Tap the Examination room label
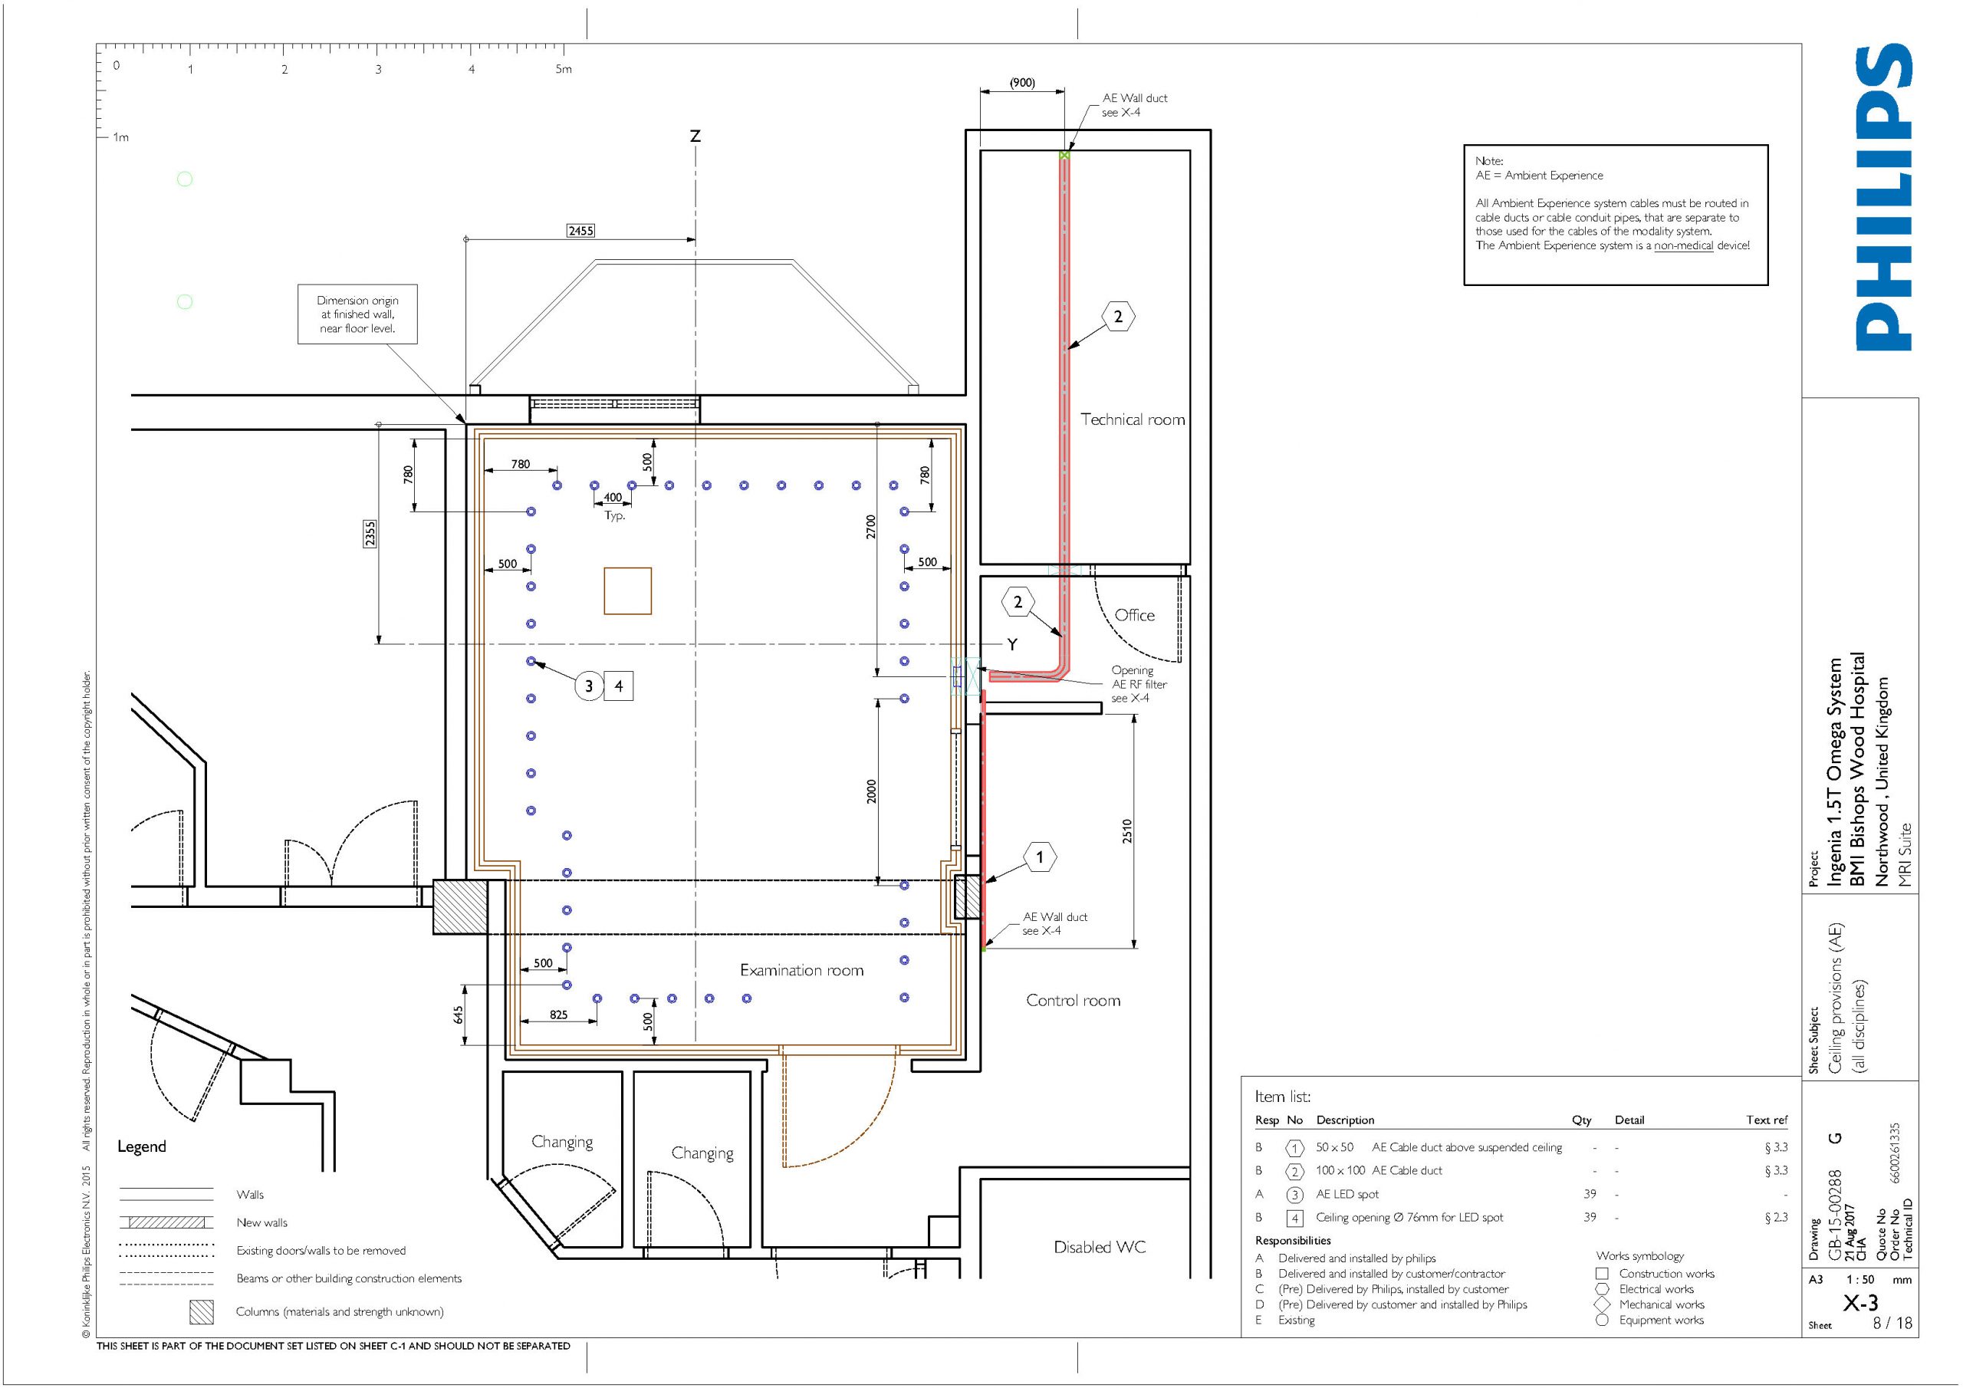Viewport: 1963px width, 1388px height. [801, 970]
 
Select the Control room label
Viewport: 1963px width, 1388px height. [1073, 1000]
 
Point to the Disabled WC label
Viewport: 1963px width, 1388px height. [1100, 1247]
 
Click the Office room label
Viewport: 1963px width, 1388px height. [1135, 615]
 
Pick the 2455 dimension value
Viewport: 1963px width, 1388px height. [580, 230]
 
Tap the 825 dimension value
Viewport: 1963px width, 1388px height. [558, 1015]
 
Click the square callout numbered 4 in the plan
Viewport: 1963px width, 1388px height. [619, 686]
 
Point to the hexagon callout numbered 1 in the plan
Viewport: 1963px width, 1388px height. [1040, 857]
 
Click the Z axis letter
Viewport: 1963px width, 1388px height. [695, 136]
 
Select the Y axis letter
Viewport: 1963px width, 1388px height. [1012, 644]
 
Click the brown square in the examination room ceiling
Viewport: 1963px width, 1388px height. [627, 591]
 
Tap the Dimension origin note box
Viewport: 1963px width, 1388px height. [357, 314]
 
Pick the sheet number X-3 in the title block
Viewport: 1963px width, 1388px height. [1859, 1302]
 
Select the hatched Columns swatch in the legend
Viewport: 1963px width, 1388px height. [202, 1312]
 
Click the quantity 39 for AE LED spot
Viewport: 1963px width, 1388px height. [1590, 1194]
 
